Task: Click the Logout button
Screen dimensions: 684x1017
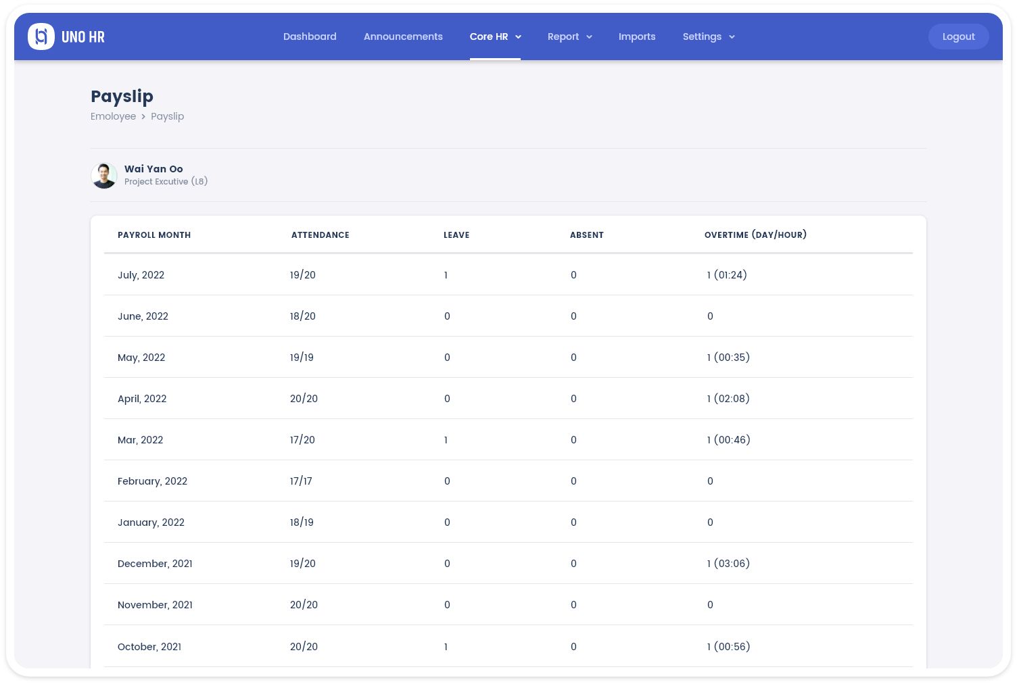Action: [958, 36]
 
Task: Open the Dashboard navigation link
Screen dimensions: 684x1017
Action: [310, 36]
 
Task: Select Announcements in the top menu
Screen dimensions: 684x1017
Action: [403, 36]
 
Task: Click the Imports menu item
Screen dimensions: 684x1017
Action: [637, 36]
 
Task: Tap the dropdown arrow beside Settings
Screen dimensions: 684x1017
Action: [732, 37]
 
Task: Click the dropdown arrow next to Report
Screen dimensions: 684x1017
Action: [589, 37]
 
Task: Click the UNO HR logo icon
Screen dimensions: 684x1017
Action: [41, 36]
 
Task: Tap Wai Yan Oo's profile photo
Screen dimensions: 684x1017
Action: [104, 176]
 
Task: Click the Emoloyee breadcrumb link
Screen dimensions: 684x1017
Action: [113, 116]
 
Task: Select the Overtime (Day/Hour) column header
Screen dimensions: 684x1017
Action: [755, 235]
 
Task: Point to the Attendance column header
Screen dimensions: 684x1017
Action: [321, 235]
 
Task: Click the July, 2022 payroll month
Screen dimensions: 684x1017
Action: [141, 275]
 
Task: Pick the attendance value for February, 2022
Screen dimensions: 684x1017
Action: [301, 481]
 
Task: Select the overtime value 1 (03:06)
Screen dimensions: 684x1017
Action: [728, 564]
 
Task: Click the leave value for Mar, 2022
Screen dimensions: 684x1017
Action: [446, 440]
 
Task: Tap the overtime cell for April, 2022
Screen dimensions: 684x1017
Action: [728, 399]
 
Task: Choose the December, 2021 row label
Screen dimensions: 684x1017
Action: [155, 564]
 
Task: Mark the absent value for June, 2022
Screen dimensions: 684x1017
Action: [573, 316]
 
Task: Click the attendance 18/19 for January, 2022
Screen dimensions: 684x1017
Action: [302, 522]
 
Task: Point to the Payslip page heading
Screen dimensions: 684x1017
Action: [122, 97]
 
